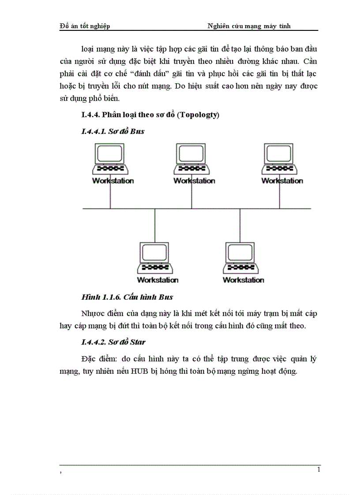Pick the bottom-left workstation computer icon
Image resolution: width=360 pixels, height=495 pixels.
pyautogui.click(x=155, y=258)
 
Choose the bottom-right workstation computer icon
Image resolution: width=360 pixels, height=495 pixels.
pyautogui.click(x=240, y=258)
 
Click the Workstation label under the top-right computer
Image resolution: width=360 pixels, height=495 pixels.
pyautogui.click(x=282, y=181)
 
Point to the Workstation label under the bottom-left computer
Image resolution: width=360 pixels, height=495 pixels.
pyautogui.click(x=157, y=280)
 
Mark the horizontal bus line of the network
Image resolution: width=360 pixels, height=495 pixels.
pyautogui.click(x=196, y=208)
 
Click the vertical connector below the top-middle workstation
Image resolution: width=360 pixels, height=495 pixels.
pyautogui.click(x=191, y=196)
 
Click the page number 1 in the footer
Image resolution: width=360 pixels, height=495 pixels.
pyautogui.click(x=319, y=470)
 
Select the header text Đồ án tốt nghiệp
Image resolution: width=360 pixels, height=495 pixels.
pyautogui.click(x=84, y=26)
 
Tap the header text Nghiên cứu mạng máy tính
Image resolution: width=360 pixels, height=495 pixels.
pyautogui.click(x=249, y=26)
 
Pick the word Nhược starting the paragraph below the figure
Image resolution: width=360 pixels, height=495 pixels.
pyautogui.click(x=94, y=314)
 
